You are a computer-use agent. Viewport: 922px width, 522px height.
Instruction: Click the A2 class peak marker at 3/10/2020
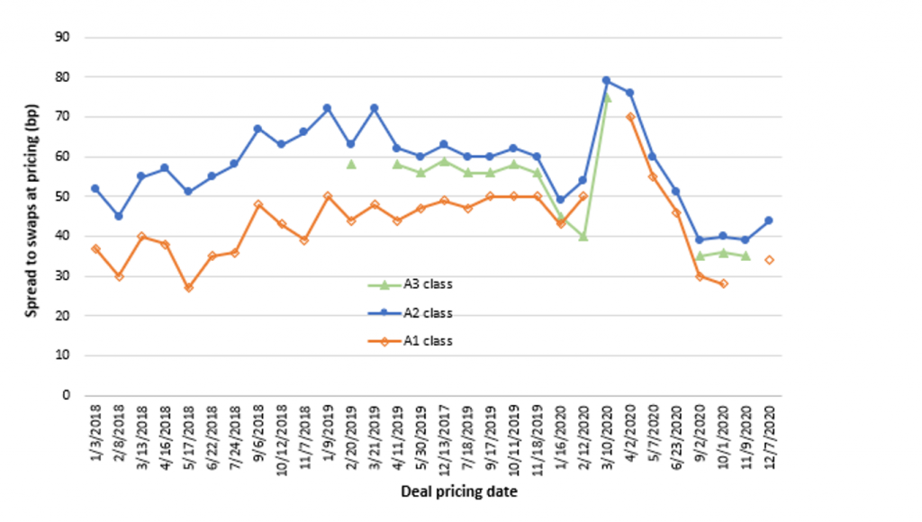pos(606,81)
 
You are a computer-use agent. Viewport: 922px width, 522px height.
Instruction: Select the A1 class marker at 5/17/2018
pos(188,287)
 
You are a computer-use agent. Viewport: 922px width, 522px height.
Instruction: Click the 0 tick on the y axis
pos(67,395)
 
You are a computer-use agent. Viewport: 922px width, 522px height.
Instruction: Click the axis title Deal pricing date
pos(458,492)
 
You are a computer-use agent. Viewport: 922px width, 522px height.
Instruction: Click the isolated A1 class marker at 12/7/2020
pos(769,260)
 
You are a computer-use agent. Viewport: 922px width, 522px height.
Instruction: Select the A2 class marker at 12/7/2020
pos(769,220)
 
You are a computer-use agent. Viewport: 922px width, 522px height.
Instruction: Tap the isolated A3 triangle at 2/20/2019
pos(351,164)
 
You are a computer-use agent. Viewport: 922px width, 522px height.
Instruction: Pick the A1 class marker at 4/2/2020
pos(629,117)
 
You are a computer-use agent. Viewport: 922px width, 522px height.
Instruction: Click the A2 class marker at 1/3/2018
pos(95,188)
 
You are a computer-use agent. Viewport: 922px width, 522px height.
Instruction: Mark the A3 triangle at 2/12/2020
pos(583,236)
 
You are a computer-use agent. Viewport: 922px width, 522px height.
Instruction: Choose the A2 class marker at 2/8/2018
pos(119,216)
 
